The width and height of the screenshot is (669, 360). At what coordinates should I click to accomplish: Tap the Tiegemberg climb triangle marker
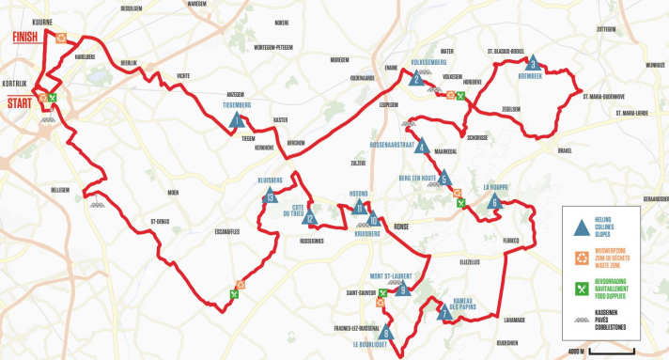(238, 119)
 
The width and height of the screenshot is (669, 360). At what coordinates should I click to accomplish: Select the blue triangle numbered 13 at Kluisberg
(271, 196)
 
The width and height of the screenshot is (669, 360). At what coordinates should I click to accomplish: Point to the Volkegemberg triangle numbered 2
(416, 80)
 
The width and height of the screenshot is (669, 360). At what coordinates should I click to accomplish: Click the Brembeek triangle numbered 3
(532, 64)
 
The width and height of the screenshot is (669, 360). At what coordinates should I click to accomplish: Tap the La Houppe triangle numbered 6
(494, 200)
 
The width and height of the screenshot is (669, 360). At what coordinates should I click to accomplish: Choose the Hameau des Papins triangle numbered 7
(445, 313)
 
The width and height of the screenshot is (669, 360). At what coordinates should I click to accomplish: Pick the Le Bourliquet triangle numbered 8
(386, 332)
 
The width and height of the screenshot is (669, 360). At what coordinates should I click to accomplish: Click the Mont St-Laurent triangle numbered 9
(403, 290)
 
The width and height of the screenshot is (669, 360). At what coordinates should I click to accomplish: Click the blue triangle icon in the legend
(582, 226)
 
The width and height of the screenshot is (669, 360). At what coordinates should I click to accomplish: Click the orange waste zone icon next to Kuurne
(61, 38)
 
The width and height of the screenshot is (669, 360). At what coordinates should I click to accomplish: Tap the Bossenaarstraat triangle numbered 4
(423, 147)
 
